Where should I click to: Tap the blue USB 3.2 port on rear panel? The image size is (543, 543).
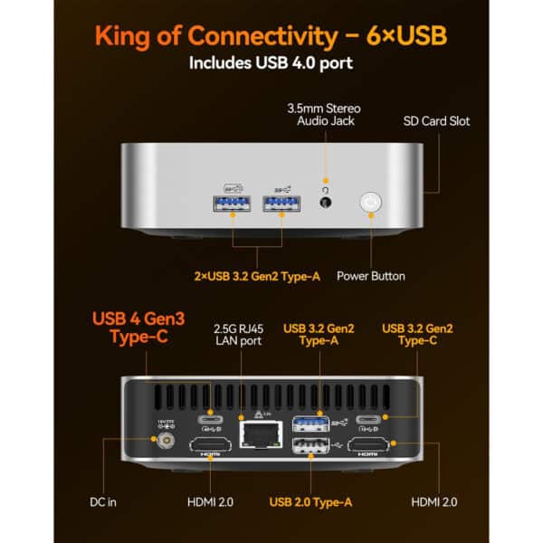click(311, 422)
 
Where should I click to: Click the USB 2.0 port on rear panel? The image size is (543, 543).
click(311, 446)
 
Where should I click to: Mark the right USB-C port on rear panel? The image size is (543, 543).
click(371, 420)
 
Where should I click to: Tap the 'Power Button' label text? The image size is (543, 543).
click(371, 276)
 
